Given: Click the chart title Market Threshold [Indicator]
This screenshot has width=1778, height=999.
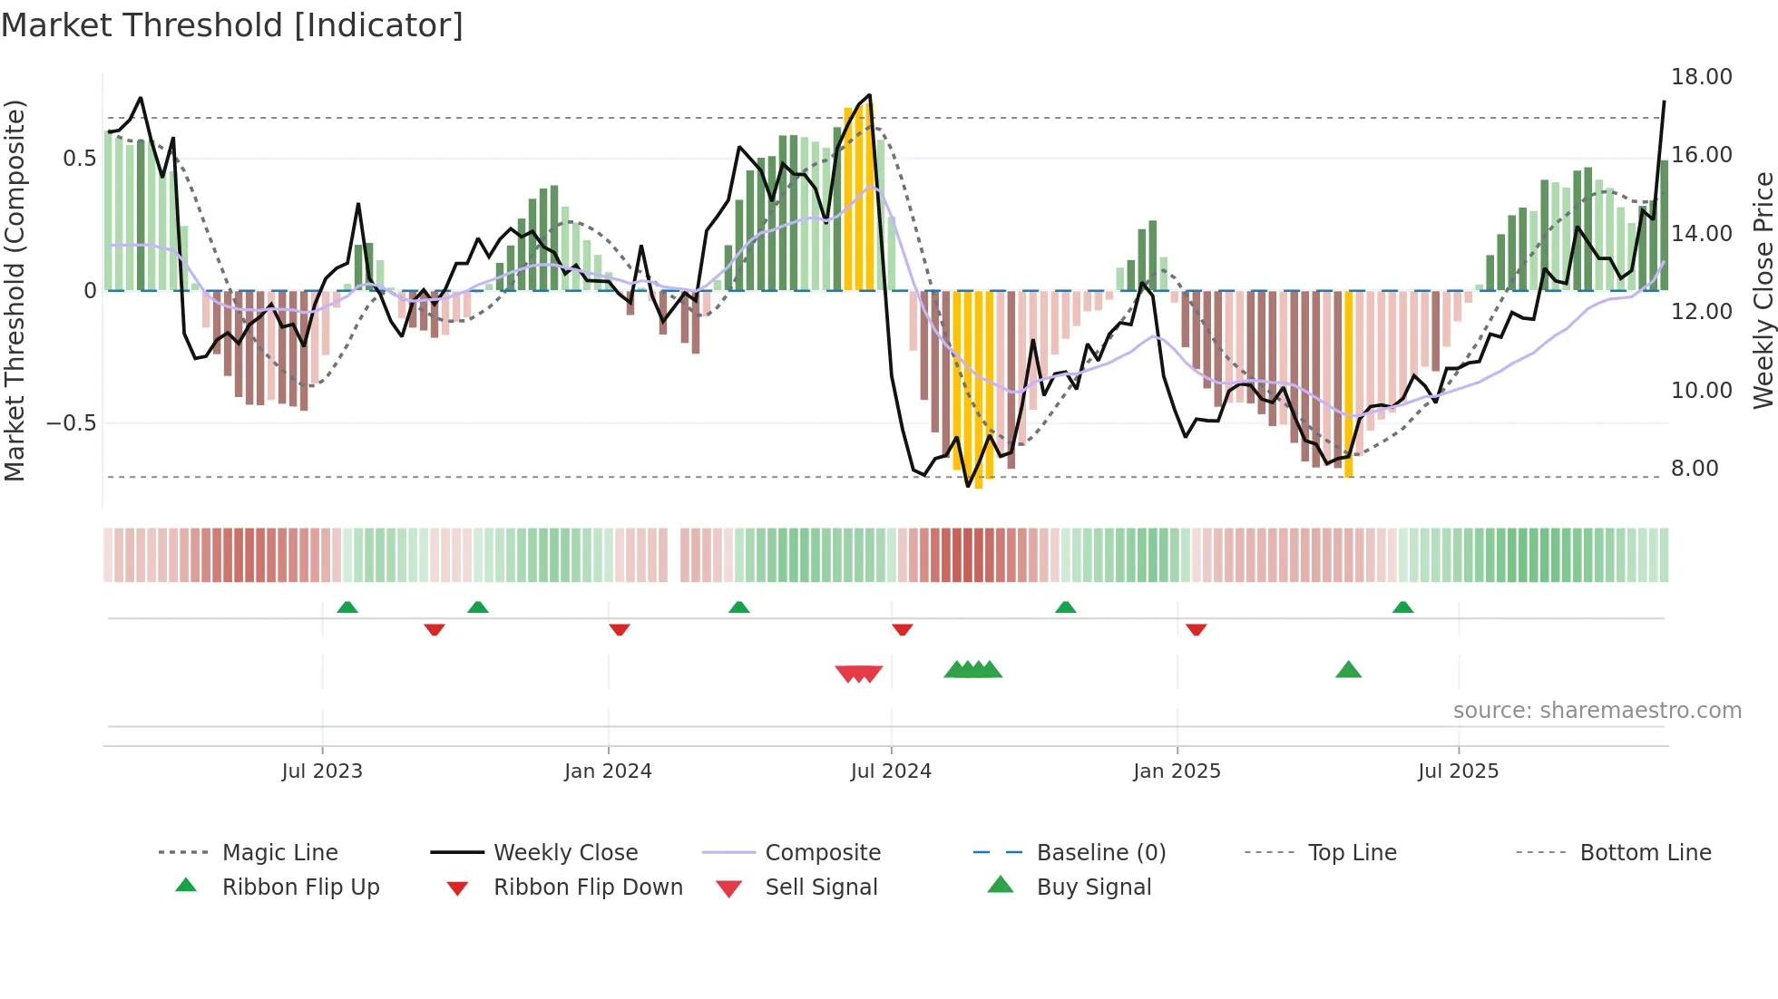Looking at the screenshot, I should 232,25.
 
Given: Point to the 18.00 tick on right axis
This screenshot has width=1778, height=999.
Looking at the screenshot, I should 1701,77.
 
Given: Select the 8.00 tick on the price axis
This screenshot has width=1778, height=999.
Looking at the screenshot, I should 1694,469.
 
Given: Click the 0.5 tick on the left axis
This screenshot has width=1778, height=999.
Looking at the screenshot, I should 79,159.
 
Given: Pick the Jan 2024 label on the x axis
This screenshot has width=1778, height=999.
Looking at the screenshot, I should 608,771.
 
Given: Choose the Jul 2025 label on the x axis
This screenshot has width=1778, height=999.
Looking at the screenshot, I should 1458,771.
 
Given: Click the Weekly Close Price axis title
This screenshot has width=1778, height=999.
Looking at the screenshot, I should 1763,290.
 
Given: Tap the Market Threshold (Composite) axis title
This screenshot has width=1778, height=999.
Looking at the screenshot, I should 15,290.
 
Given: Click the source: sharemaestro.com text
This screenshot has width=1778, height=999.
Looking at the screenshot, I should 1597,711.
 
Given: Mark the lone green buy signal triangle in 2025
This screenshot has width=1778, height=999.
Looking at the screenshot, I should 1348,670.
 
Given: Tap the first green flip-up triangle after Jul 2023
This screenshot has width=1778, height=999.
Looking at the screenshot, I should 347,606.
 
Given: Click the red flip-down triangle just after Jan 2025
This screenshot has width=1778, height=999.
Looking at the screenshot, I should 1196,629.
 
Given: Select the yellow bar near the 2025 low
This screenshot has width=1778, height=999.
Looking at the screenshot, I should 1348,385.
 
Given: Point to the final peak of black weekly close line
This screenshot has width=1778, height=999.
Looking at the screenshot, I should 1664,102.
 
